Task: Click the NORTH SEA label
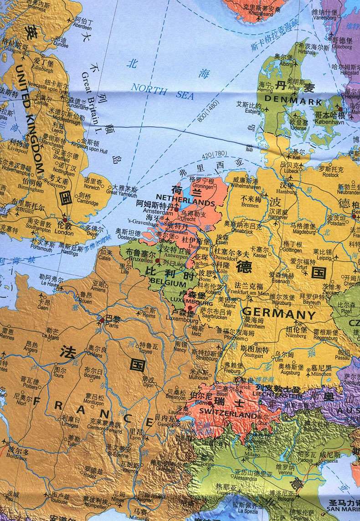click(163, 91)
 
